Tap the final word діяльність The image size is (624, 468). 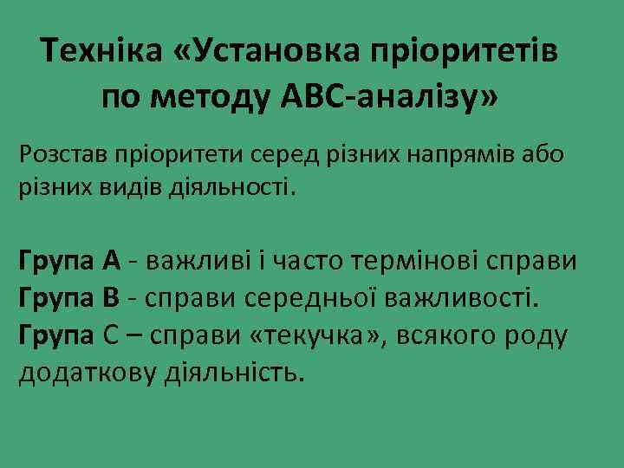click(234, 373)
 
